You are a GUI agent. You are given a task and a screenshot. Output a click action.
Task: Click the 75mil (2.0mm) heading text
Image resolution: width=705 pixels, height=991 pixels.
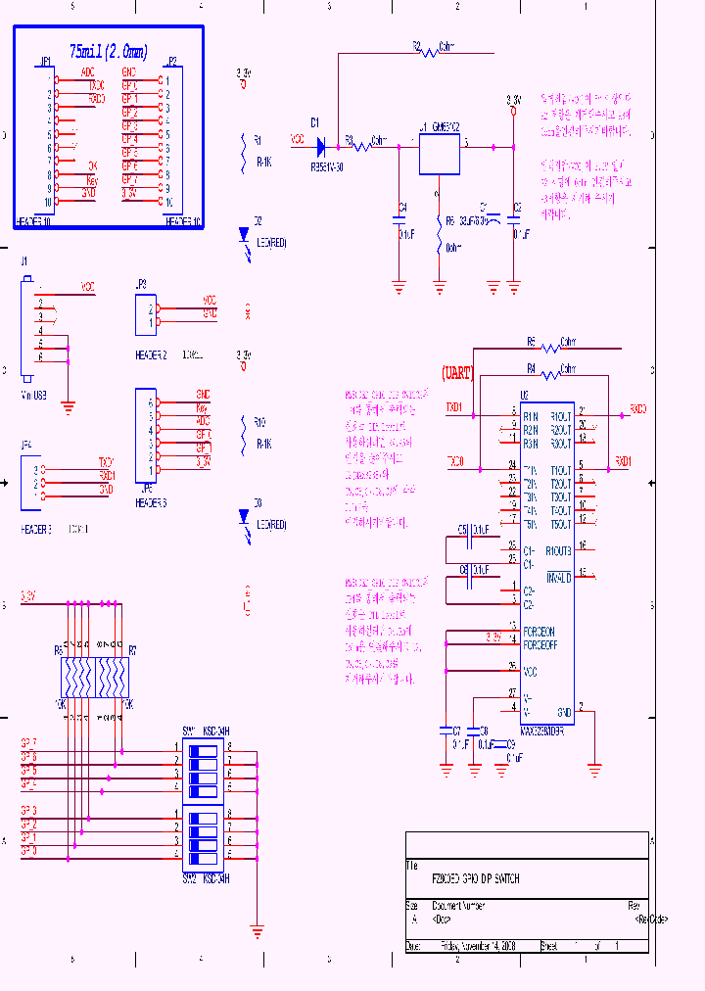tap(109, 51)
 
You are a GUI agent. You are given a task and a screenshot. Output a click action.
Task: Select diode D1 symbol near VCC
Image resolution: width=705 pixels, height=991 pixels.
tap(320, 146)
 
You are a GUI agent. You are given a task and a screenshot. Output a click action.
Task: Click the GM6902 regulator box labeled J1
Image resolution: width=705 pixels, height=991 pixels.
tap(439, 155)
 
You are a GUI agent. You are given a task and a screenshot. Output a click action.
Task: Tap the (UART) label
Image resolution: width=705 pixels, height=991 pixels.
tap(457, 373)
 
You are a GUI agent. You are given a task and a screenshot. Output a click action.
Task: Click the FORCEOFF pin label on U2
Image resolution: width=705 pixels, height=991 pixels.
tap(539, 645)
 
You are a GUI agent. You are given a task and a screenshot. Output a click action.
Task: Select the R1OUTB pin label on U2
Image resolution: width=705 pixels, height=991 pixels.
tap(559, 549)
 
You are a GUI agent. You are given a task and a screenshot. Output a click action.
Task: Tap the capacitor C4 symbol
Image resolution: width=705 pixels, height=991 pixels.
tap(399, 220)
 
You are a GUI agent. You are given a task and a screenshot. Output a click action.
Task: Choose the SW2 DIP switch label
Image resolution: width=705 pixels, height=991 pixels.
tap(190, 878)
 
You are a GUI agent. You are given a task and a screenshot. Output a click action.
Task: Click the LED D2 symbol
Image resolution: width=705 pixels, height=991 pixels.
tap(245, 235)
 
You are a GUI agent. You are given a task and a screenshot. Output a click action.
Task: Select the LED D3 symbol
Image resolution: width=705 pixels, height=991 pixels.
tap(245, 516)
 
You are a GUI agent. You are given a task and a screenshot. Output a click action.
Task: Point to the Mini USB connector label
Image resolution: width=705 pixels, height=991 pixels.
tap(33, 396)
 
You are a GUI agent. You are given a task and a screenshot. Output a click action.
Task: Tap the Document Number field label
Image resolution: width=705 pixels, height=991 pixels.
tap(458, 906)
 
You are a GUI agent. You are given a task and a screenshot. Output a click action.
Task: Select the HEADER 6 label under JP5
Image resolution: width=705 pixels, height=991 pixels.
tap(151, 503)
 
